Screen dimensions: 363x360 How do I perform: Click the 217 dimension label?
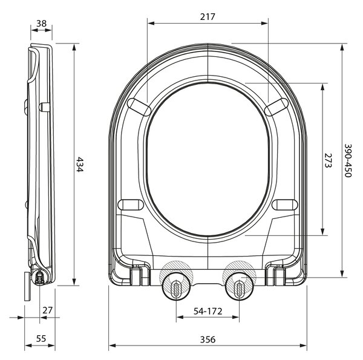208,17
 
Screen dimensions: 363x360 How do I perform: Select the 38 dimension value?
41,24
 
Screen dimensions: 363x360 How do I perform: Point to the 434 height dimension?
79,165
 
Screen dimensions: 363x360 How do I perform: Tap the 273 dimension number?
328,160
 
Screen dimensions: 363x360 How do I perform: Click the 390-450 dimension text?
348,160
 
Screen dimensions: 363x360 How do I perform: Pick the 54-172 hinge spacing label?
208,312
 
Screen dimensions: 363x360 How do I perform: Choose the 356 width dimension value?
208,339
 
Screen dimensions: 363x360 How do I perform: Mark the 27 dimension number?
47,310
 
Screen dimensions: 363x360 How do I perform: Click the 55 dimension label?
41,339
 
